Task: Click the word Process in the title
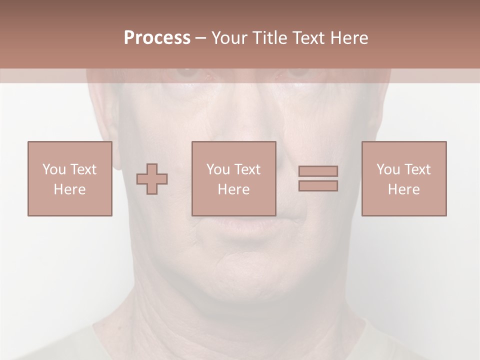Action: pyautogui.click(x=157, y=38)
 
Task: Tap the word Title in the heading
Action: pyautogui.click(x=269, y=38)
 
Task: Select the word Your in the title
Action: pyautogui.click(x=229, y=38)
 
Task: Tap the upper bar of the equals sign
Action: pyautogui.click(x=318, y=171)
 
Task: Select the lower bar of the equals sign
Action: pyautogui.click(x=318, y=186)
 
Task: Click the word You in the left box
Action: pyautogui.click(x=54, y=169)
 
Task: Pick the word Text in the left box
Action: pyautogui.click(x=83, y=169)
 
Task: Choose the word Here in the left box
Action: pyautogui.click(x=69, y=189)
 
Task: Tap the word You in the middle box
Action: pyautogui.click(x=218, y=169)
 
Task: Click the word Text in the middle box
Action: pyautogui.click(x=247, y=169)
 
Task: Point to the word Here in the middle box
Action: pyautogui.click(x=233, y=189)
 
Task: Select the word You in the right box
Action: pyautogui.click(x=388, y=169)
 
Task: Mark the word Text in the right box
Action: pyautogui.click(x=417, y=169)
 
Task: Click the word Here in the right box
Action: pyautogui.click(x=403, y=189)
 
